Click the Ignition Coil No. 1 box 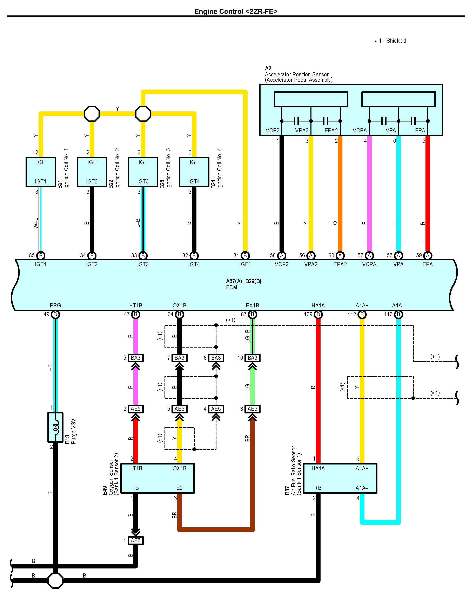(x=41, y=172)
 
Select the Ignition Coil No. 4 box (x=194, y=172)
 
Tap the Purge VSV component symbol (x=55, y=427)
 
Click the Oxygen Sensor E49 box (x=158, y=478)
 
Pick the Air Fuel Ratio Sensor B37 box (x=340, y=478)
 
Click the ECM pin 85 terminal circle (x=41, y=256)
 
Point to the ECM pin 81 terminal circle (x=245, y=256)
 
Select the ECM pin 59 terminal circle (x=428, y=256)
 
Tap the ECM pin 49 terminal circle (x=55, y=314)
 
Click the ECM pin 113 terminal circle (x=398, y=314)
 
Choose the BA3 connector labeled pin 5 (x=136, y=358)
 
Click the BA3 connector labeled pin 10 (x=252, y=358)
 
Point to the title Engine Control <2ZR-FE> (x=236, y=11)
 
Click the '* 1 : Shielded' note (x=390, y=41)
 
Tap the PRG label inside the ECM (x=55, y=305)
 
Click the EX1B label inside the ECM (x=252, y=305)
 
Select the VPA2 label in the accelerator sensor (x=302, y=131)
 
